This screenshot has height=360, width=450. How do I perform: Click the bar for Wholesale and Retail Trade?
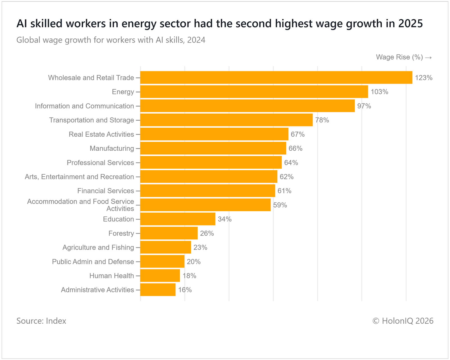pyautogui.click(x=276, y=78)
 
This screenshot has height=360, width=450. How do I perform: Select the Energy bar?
pyautogui.click(x=254, y=92)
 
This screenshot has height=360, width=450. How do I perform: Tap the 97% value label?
pyautogui.click(x=364, y=106)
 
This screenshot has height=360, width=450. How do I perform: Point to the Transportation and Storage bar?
pyautogui.click(x=226, y=120)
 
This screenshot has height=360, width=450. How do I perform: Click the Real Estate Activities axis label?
pyautogui.click(x=101, y=134)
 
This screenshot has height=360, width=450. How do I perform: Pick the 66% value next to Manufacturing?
pyautogui.click(x=295, y=148)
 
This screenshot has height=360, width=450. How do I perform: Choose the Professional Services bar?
pyautogui.click(x=211, y=163)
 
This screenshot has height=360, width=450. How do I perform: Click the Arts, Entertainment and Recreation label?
pyautogui.click(x=79, y=177)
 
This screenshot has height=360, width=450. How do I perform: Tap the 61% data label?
pyautogui.click(x=284, y=191)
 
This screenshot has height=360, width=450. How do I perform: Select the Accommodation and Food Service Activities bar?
pyautogui.click(x=205, y=205)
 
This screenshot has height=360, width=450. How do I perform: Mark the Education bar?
pyautogui.click(x=178, y=219)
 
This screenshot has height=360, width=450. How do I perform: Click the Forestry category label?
pyautogui.click(x=121, y=233)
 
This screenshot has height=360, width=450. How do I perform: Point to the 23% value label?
pyautogui.click(x=200, y=247)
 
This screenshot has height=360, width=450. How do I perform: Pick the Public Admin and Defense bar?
pyautogui.click(x=162, y=262)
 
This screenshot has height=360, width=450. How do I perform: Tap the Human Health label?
pyautogui.click(x=112, y=276)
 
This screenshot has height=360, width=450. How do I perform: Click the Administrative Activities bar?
pyautogui.click(x=158, y=290)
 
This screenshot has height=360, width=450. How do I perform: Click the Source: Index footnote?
pyautogui.click(x=41, y=321)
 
